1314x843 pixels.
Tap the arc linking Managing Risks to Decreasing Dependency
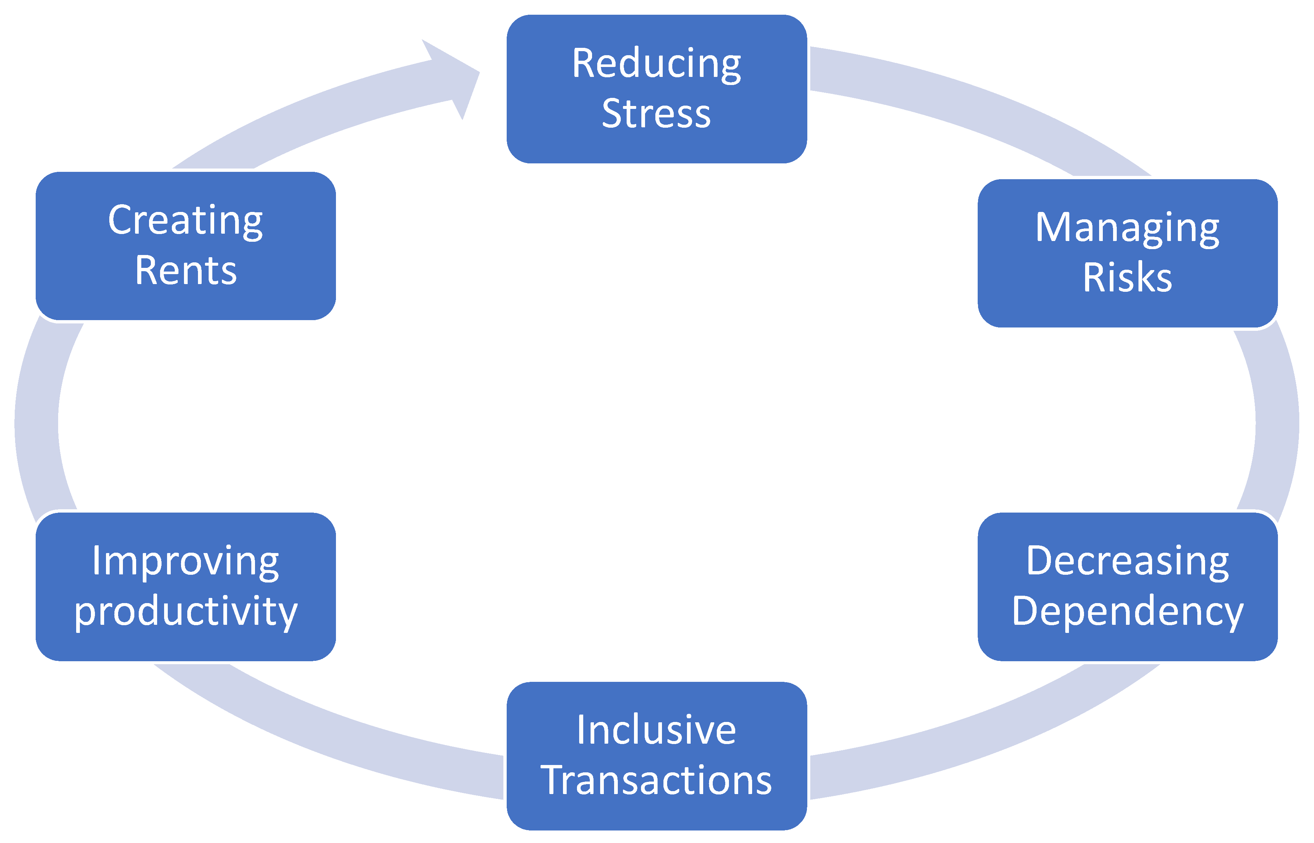(1275, 422)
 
